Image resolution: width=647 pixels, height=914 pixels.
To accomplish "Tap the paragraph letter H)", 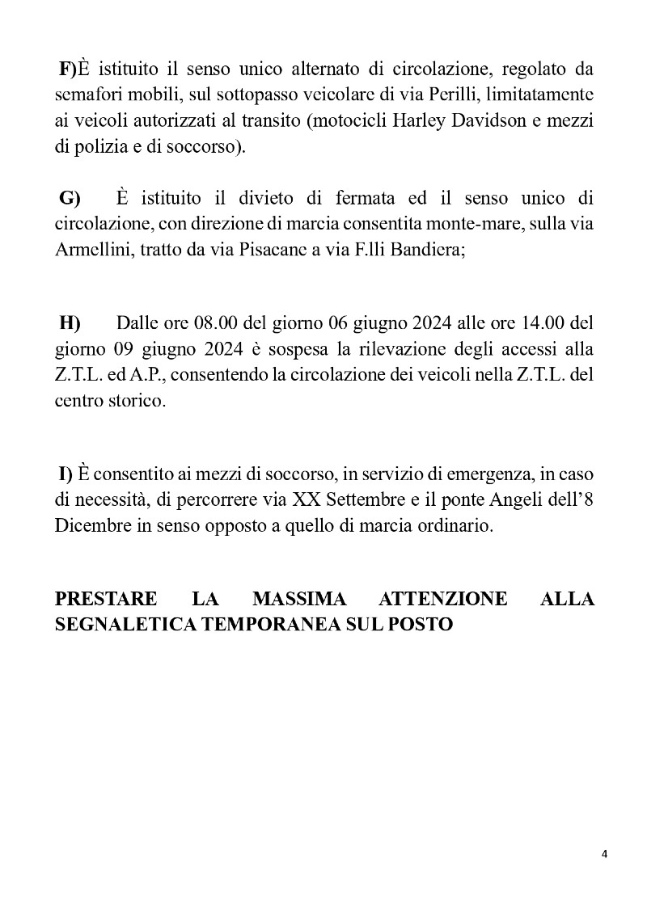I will (x=70, y=324).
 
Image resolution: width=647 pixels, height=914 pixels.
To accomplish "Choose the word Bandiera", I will (x=426, y=251).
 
